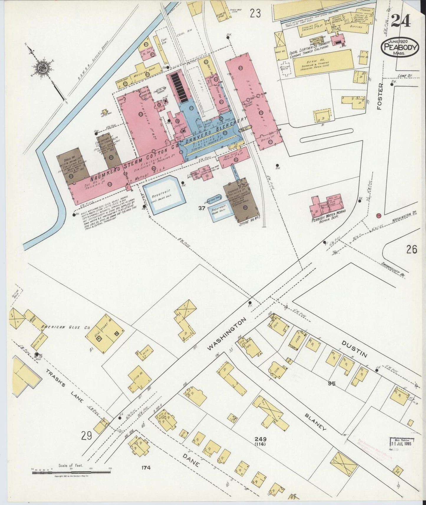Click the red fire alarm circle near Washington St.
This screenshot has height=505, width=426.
379,216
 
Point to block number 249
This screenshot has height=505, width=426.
261,439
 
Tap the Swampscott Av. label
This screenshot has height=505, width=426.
397,271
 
